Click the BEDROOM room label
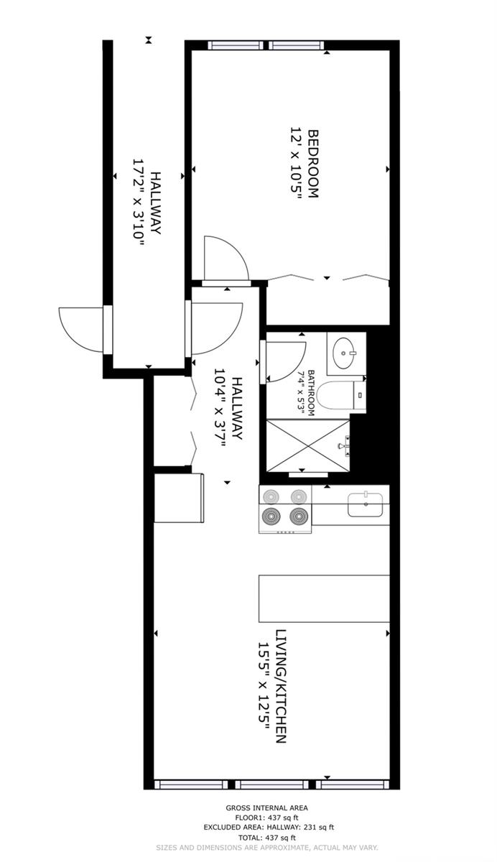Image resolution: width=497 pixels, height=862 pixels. (x=313, y=164)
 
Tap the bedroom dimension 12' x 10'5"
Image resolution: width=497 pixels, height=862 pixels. (x=295, y=164)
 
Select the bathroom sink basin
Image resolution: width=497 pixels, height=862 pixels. (x=344, y=353)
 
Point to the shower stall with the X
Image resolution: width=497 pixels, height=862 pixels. (x=308, y=445)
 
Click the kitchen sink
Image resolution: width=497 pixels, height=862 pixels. (x=366, y=504)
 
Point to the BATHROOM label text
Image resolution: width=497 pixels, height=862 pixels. (x=311, y=393)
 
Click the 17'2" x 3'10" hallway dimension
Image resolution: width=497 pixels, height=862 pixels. (x=138, y=203)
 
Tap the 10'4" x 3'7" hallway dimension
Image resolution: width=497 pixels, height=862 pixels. (x=219, y=409)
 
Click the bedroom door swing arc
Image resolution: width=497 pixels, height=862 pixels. (x=239, y=253)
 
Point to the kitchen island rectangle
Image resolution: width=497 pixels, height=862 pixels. (x=324, y=598)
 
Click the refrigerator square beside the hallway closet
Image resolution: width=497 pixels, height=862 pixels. (x=179, y=498)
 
